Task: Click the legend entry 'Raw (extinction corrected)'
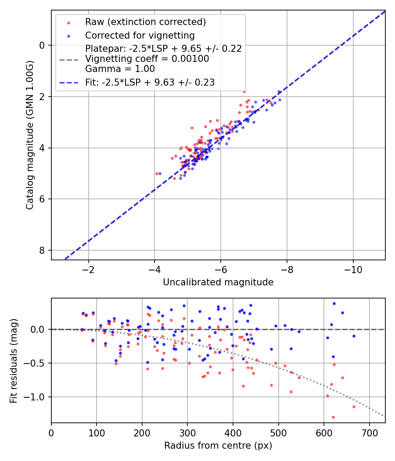tap(145, 22)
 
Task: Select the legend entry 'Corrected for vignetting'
tap(140, 35)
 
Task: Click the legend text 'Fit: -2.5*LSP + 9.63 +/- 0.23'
tap(150, 82)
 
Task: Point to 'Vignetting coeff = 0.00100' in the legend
tap(147, 58)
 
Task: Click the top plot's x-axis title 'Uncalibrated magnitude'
tap(218, 282)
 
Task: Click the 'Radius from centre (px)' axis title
tap(218, 446)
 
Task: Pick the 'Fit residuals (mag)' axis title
tap(14, 360)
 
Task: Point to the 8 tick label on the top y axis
tap(42, 250)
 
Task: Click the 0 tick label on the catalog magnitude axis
tap(42, 45)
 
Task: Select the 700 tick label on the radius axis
tap(369, 432)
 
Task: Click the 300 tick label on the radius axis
tap(187, 432)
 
